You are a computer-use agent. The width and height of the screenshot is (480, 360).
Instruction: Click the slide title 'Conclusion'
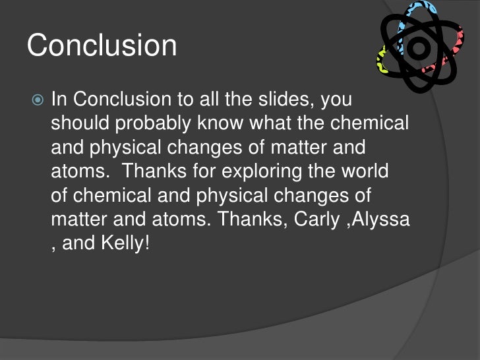point(102,46)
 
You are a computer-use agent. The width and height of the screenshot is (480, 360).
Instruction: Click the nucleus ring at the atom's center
point(419,47)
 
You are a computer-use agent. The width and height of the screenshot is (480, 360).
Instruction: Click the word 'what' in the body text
point(289,123)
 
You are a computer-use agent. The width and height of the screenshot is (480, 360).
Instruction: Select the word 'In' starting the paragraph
point(59,100)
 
